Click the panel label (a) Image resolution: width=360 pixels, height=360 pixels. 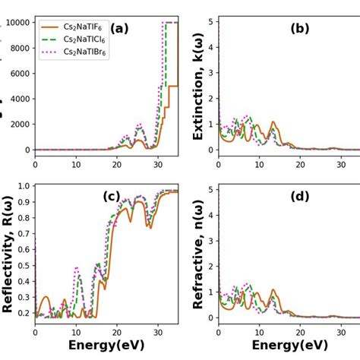pos(119,29)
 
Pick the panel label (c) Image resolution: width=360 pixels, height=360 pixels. pos(112,197)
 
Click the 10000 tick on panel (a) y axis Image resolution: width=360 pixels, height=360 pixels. pos(17,23)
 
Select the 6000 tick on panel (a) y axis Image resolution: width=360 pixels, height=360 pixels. pos(19,74)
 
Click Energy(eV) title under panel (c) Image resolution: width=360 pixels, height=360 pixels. pos(106,346)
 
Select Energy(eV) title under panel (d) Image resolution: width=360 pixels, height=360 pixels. pos(289,346)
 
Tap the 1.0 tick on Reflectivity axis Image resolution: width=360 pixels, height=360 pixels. pos(24,186)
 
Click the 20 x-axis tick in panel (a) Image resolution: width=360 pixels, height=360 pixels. pos(117,163)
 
